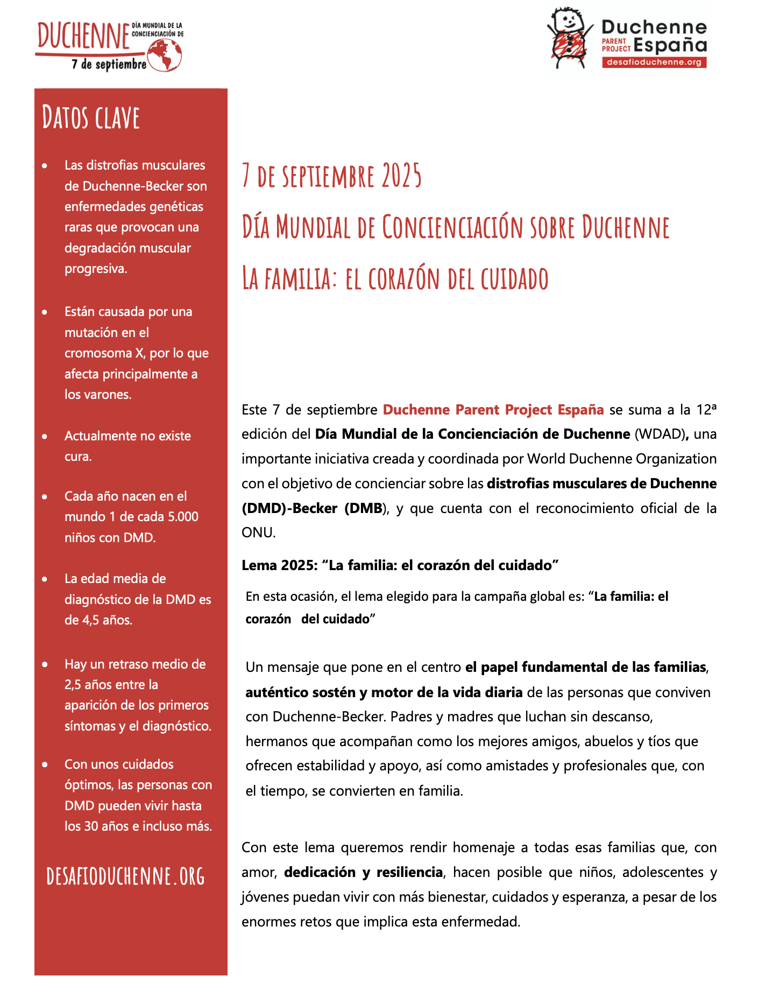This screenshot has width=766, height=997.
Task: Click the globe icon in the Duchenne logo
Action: coord(165,55)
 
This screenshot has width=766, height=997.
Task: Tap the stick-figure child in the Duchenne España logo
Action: coord(568,37)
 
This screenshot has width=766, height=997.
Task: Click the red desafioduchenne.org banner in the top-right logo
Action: coord(654,62)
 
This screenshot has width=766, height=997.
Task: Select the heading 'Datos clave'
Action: coord(91,118)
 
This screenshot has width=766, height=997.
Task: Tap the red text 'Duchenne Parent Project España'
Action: coord(493,410)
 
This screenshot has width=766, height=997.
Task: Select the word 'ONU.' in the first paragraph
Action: coord(259,532)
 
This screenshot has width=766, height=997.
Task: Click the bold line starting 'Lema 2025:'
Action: coord(400,565)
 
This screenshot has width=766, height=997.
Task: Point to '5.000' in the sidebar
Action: coord(183,517)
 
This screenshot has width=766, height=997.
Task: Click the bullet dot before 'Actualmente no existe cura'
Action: coord(45,436)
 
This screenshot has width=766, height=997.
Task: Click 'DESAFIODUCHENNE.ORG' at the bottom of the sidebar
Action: coord(126,876)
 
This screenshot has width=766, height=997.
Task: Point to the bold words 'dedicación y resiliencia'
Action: coord(363,872)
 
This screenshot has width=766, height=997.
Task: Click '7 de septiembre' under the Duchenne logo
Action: coord(109,65)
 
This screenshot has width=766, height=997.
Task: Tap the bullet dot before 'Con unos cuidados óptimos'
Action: coord(45,764)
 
